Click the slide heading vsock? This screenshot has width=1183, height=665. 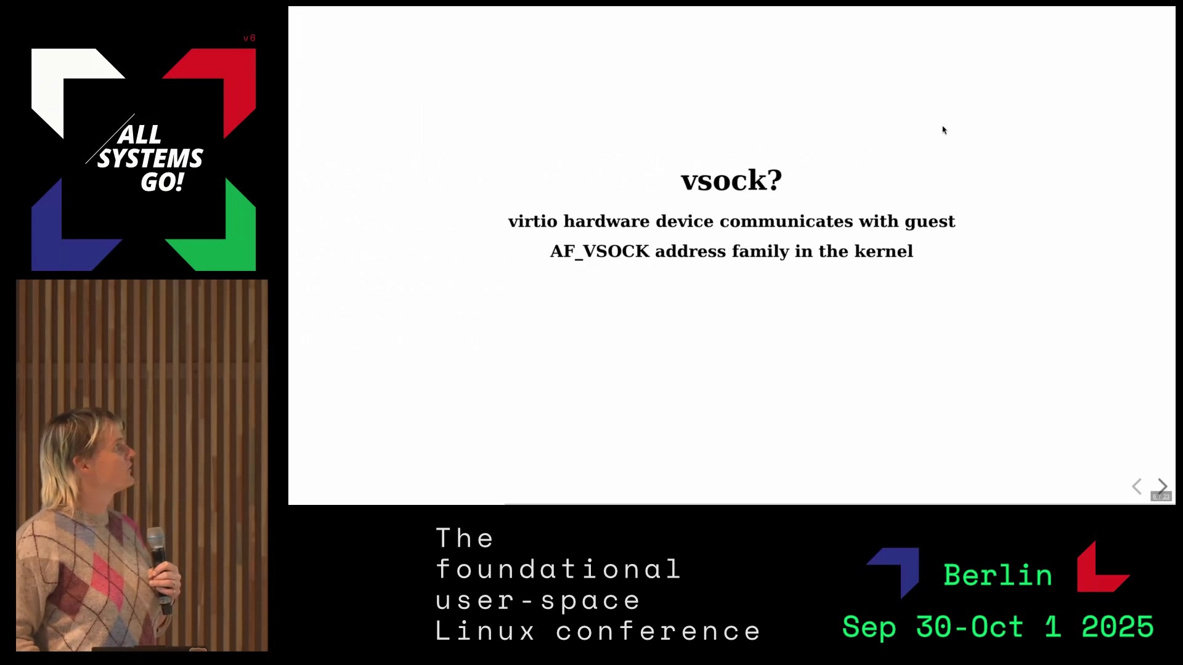731,180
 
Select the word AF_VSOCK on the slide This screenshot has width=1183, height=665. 600,251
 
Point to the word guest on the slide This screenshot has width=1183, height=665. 930,222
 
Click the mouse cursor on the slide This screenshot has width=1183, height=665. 944,130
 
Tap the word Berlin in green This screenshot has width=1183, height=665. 998,575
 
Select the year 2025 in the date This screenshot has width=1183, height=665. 1118,627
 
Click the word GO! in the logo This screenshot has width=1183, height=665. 162,182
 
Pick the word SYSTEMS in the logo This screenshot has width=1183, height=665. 150,158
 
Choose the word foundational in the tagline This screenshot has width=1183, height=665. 558,569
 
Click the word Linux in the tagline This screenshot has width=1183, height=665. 485,631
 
